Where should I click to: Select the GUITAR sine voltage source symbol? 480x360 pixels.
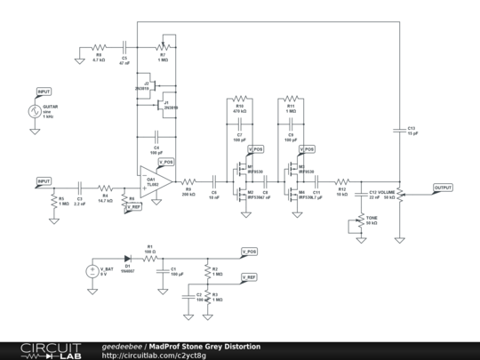36,112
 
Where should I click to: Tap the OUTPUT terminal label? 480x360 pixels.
443,188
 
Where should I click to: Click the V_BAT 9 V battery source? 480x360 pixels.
92,271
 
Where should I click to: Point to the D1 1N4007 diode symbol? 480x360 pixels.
127,259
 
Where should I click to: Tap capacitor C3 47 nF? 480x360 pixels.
124,46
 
